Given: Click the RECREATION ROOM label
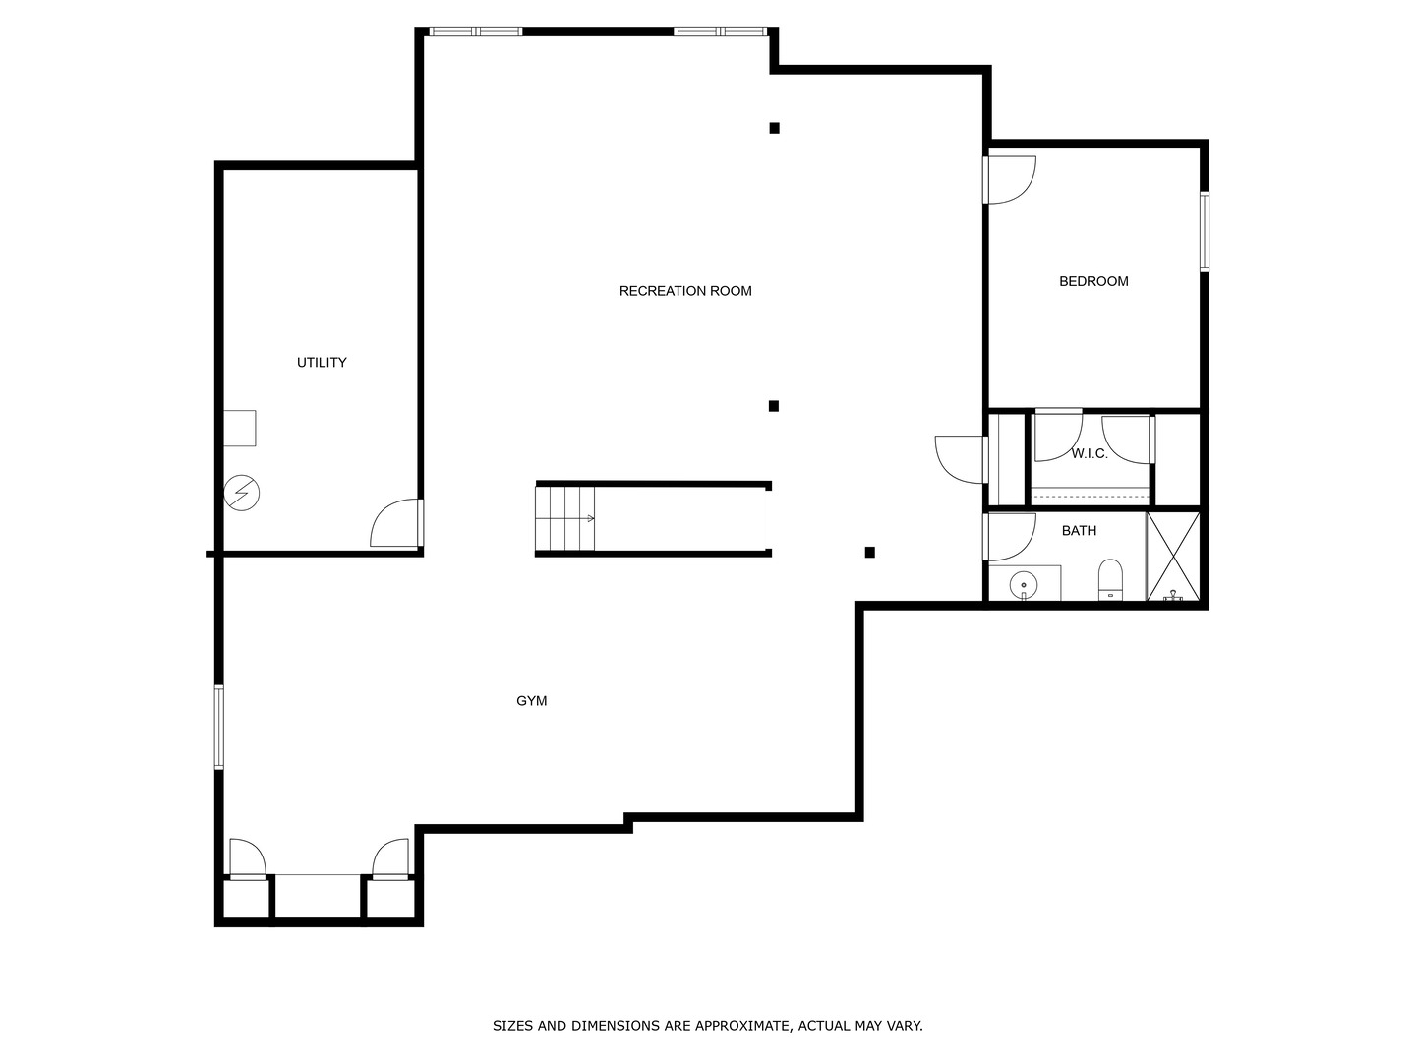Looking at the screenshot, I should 685,291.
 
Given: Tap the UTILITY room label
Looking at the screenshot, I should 322,363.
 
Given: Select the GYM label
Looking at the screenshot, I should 532,701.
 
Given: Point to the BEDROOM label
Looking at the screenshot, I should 1093,281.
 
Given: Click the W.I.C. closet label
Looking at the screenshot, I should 1090,453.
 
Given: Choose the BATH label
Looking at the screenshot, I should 1079,531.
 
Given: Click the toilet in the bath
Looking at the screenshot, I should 1110,580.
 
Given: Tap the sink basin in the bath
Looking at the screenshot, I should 1024,585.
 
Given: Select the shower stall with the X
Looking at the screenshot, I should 1173,556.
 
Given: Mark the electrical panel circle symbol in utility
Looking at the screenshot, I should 242,492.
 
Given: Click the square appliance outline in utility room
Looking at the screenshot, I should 239,429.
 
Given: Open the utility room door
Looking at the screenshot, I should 397,523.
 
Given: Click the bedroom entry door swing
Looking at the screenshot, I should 1010,179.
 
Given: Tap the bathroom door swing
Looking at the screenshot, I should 1010,536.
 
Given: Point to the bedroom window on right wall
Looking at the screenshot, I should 1204,231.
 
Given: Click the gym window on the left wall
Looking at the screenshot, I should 219,727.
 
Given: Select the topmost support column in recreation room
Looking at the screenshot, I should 774,128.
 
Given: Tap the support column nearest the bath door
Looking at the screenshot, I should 869,553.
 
